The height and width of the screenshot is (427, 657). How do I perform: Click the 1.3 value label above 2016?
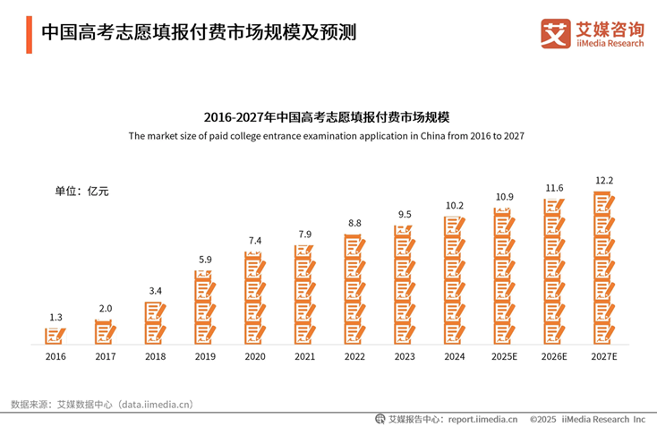click(55, 317)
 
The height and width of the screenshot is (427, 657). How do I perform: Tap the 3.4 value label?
click(156, 290)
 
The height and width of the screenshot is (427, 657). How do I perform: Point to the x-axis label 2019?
click(205, 355)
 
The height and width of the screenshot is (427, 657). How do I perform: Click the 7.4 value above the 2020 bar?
click(255, 241)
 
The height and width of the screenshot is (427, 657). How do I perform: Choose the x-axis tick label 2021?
click(305, 355)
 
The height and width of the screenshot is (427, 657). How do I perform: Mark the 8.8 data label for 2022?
click(355, 223)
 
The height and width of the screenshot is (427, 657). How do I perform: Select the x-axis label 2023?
click(405, 355)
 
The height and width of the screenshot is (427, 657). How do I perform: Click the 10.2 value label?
click(455, 205)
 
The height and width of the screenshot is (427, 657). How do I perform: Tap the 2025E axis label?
click(505, 355)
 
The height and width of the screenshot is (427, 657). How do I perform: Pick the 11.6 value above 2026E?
click(554, 188)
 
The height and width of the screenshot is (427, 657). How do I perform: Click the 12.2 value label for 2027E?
click(604, 180)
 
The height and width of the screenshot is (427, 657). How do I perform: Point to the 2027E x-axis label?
click(604, 355)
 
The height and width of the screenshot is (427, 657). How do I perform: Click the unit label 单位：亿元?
click(81, 191)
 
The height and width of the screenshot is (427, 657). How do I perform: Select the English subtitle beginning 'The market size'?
click(326, 136)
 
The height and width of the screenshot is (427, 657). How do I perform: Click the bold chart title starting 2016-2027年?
click(326, 117)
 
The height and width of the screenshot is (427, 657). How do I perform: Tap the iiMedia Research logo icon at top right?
click(556, 33)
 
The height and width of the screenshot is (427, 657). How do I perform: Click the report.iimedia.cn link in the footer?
click(482, 418)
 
